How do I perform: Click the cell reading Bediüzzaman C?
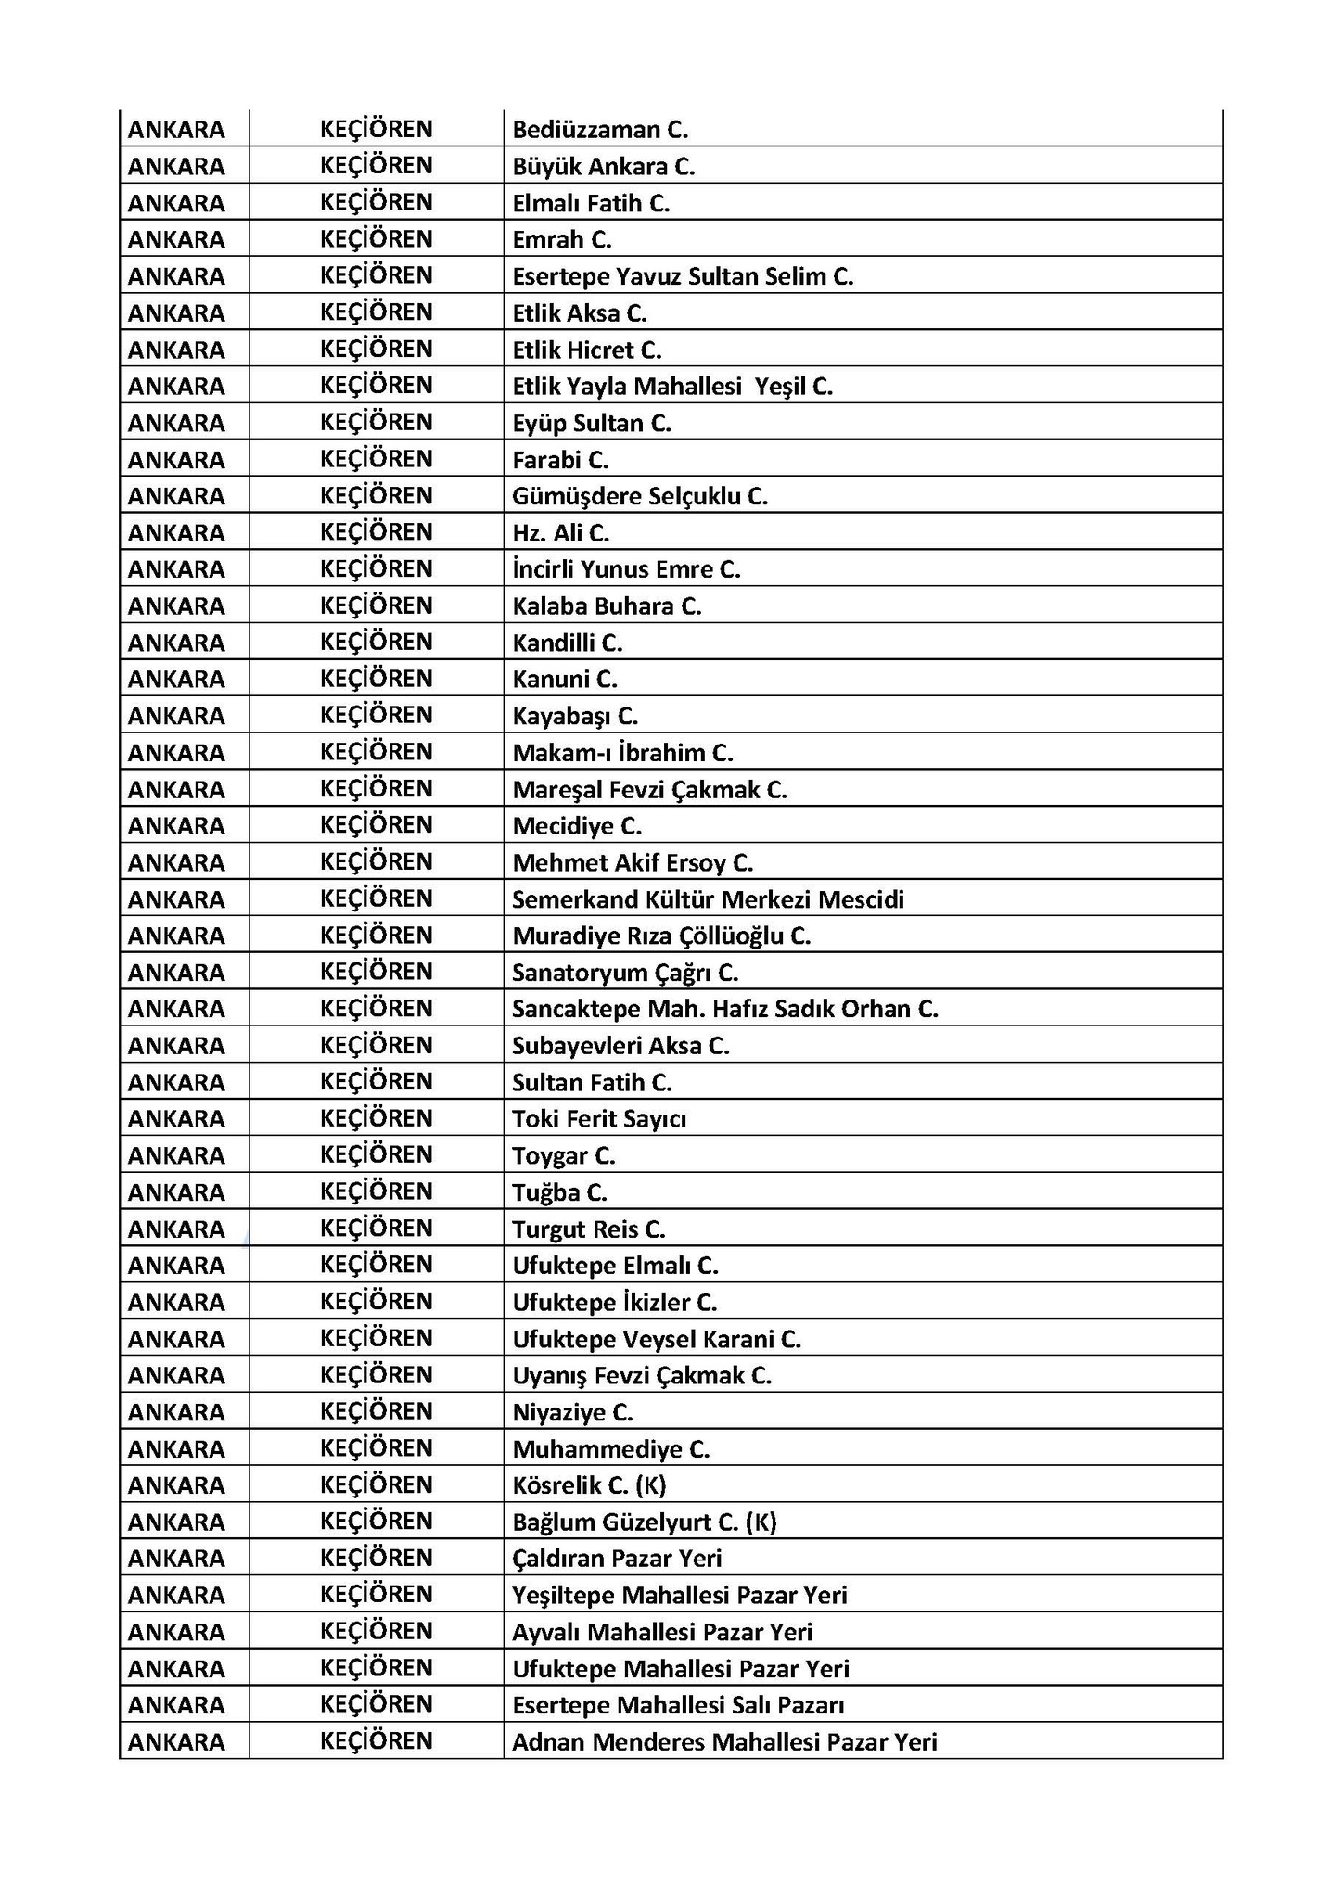point(600,130)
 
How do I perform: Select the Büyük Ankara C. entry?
point(603,167)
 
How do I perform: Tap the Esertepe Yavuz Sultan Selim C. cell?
point(683,276)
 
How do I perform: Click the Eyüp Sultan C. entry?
point(591,424)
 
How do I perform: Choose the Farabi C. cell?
point(560,460)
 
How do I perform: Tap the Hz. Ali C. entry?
point(560,533)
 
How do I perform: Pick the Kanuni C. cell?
point(564,680)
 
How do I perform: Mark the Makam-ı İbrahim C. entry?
point(622,753)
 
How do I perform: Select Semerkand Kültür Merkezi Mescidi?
point(708,899)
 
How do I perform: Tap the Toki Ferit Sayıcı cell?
point(599,1119)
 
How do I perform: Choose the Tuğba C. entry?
point(559,1192)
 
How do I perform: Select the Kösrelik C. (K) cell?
point(589,1486)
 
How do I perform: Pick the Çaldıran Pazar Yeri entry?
point(617,1560)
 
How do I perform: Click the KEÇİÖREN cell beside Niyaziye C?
point(376,1412)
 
